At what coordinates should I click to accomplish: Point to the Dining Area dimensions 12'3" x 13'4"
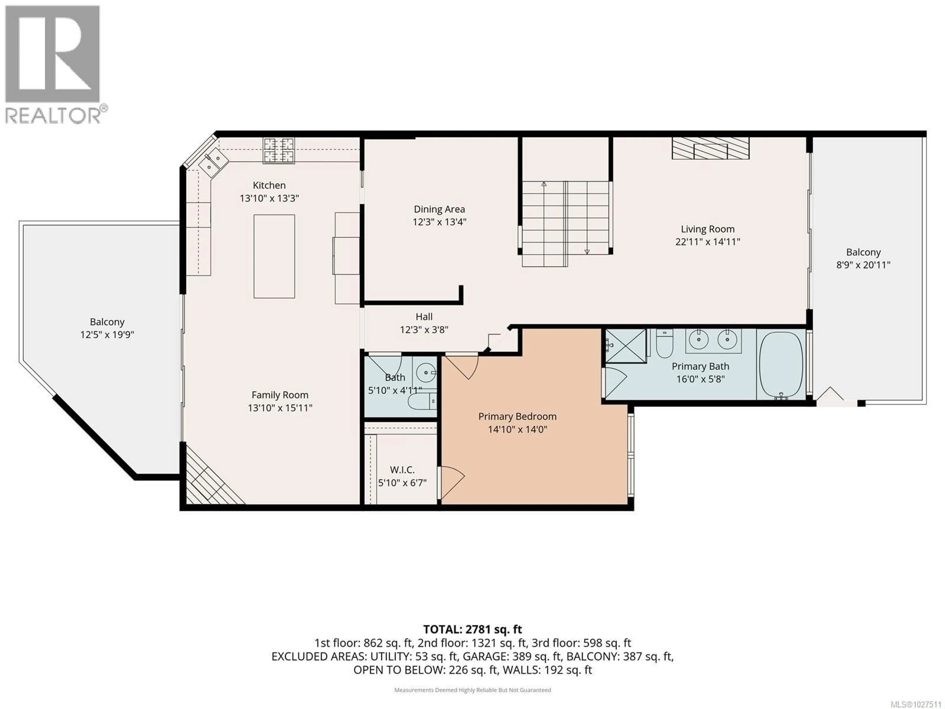439,222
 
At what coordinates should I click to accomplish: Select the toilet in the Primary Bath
664,343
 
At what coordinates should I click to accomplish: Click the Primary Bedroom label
517,416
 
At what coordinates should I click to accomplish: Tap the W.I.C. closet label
402,470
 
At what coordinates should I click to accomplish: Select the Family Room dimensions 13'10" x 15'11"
280,408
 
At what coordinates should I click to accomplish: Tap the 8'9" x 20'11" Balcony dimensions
863,265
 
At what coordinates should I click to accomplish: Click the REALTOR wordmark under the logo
53,115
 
